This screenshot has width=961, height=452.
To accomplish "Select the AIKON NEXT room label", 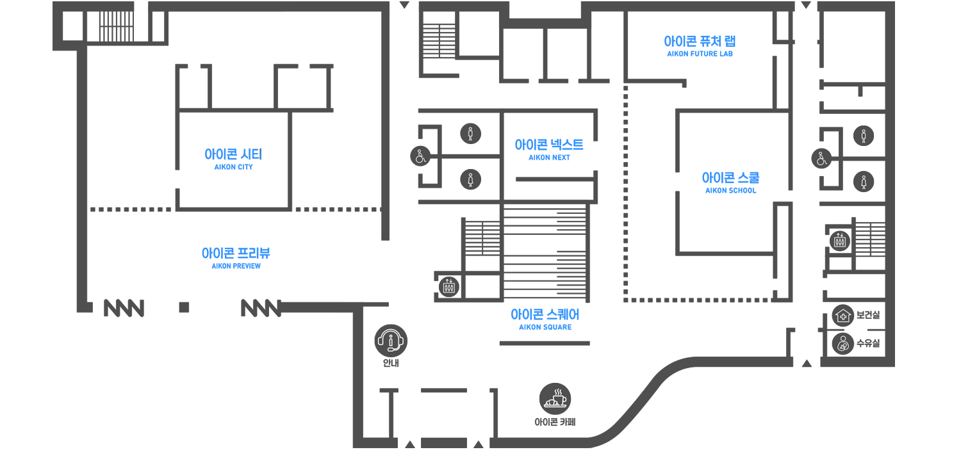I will click(549, 149).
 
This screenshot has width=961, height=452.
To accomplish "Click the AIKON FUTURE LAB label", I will click(700, 45).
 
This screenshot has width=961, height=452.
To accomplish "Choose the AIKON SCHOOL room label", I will click(730, 182).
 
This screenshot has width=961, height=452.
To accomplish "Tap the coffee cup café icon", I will click(555, 398).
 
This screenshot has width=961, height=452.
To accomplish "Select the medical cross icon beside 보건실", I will click(842, 315).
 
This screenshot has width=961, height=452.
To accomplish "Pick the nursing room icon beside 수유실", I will click(842, 343).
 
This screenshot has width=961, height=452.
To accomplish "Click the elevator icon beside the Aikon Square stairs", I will click(448, 286).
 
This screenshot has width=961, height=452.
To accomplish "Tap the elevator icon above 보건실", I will click(839, 241).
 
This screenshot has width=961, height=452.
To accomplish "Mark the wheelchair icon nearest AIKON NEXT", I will click(420, 156).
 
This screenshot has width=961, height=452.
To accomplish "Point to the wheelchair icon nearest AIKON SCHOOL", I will click(821, 158).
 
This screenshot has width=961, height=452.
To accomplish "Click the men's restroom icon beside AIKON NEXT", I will click(471, 134).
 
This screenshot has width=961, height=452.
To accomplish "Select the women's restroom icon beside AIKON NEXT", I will click(471, 179).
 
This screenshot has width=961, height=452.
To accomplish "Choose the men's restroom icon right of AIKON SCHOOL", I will click(864, 136).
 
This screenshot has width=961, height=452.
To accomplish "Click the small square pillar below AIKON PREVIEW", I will click(185, 307).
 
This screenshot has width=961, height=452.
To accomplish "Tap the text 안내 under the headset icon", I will click(391, 364).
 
